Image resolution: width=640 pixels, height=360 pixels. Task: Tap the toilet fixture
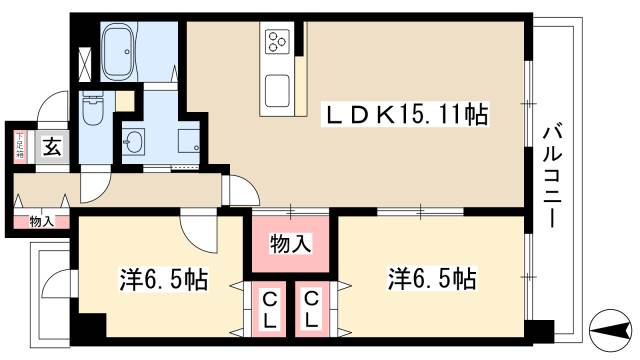92,110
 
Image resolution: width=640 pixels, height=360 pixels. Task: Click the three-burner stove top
277,43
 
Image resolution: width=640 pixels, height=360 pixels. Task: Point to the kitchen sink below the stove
277,87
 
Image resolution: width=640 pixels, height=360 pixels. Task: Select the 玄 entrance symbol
52,146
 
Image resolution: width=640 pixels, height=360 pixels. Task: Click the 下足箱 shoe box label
18,146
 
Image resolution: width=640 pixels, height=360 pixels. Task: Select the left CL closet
270,309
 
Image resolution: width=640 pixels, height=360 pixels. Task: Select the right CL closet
311,309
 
